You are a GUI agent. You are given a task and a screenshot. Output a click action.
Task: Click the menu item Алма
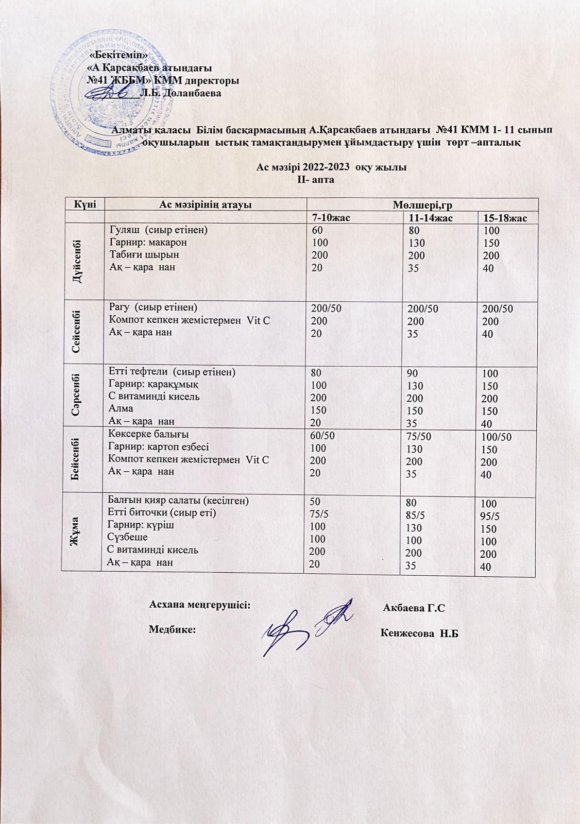point(120,408)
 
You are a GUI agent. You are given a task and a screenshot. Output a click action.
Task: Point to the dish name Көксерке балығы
point(148,434)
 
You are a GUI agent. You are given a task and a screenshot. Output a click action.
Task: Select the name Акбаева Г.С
point(414,608)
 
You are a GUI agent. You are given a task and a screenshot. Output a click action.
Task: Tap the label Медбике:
point(172,629)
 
